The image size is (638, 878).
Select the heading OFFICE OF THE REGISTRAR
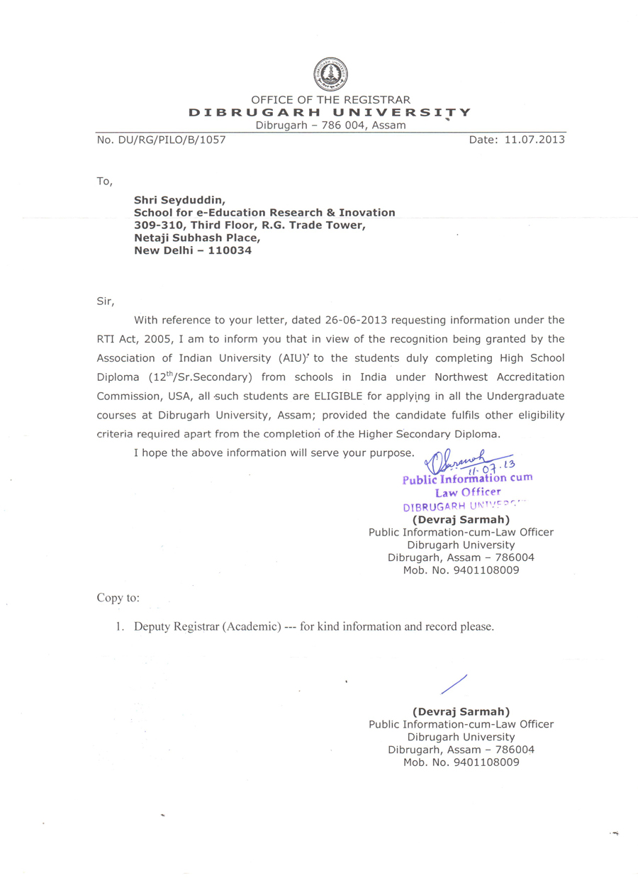(330, 100)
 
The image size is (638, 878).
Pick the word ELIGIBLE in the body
(344, 395)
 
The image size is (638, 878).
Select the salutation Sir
(105, 301)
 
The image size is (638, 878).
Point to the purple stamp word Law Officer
(468, 491)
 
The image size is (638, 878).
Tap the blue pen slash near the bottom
(454, 684)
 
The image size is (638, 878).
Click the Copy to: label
(118, 598)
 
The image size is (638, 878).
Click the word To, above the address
(104, 182)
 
